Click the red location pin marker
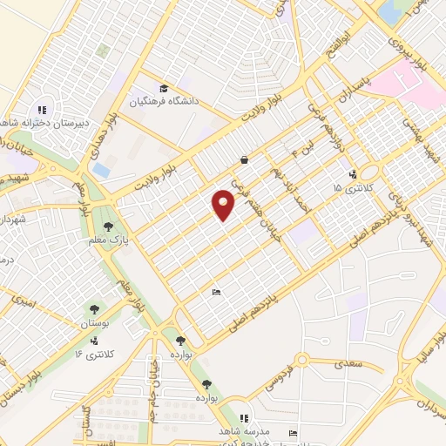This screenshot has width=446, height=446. click(x=224, y=204)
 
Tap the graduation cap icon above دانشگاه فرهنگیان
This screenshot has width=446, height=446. click(x=164, y=88)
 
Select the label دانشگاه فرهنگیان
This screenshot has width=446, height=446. click(x=166, y=102)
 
